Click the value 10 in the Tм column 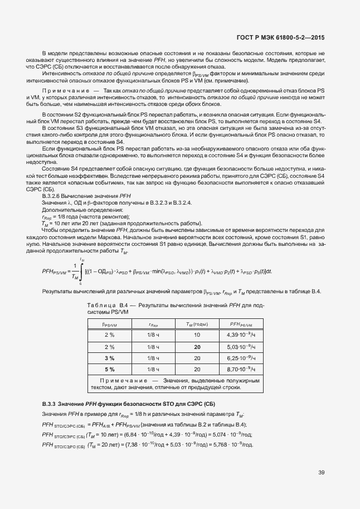[197, 335]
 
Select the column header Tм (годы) [197, 324]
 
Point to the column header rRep [153, 324]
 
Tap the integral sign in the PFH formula [81, 270]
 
